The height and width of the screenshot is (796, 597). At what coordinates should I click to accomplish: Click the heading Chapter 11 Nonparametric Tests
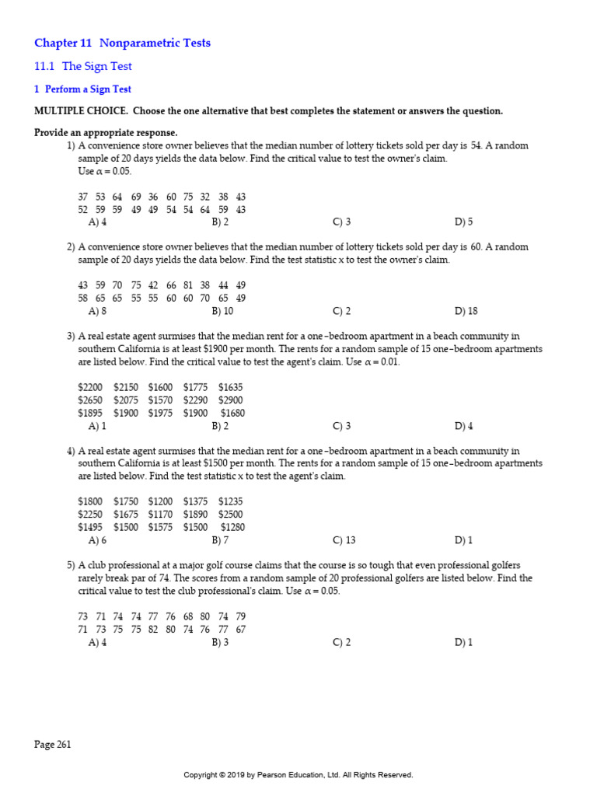tap(122, 43)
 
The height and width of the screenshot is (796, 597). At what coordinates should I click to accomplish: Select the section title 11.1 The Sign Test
tap(82, 67)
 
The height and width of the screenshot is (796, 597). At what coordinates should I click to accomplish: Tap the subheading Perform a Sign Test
tap(88, 89)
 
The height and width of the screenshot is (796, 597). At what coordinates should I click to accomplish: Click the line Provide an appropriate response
tap(106, 133)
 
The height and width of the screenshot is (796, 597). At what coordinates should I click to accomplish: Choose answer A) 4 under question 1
tap(98, 222)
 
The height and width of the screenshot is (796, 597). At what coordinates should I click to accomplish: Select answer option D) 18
tap(466, 311)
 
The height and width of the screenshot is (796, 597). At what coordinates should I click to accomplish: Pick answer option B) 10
tap(222, 311)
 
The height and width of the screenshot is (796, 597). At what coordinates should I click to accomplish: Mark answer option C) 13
tap(344, 539)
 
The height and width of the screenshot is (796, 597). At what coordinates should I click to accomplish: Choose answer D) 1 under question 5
tap(463, 642)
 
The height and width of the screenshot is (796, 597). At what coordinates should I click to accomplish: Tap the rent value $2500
tap(231, 514)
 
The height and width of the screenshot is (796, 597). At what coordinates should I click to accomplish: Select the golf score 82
tap(153, 629)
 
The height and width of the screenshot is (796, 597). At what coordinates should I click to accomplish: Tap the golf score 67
tap(241, 629)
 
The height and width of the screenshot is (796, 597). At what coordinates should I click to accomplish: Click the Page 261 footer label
tap(53, 744)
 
